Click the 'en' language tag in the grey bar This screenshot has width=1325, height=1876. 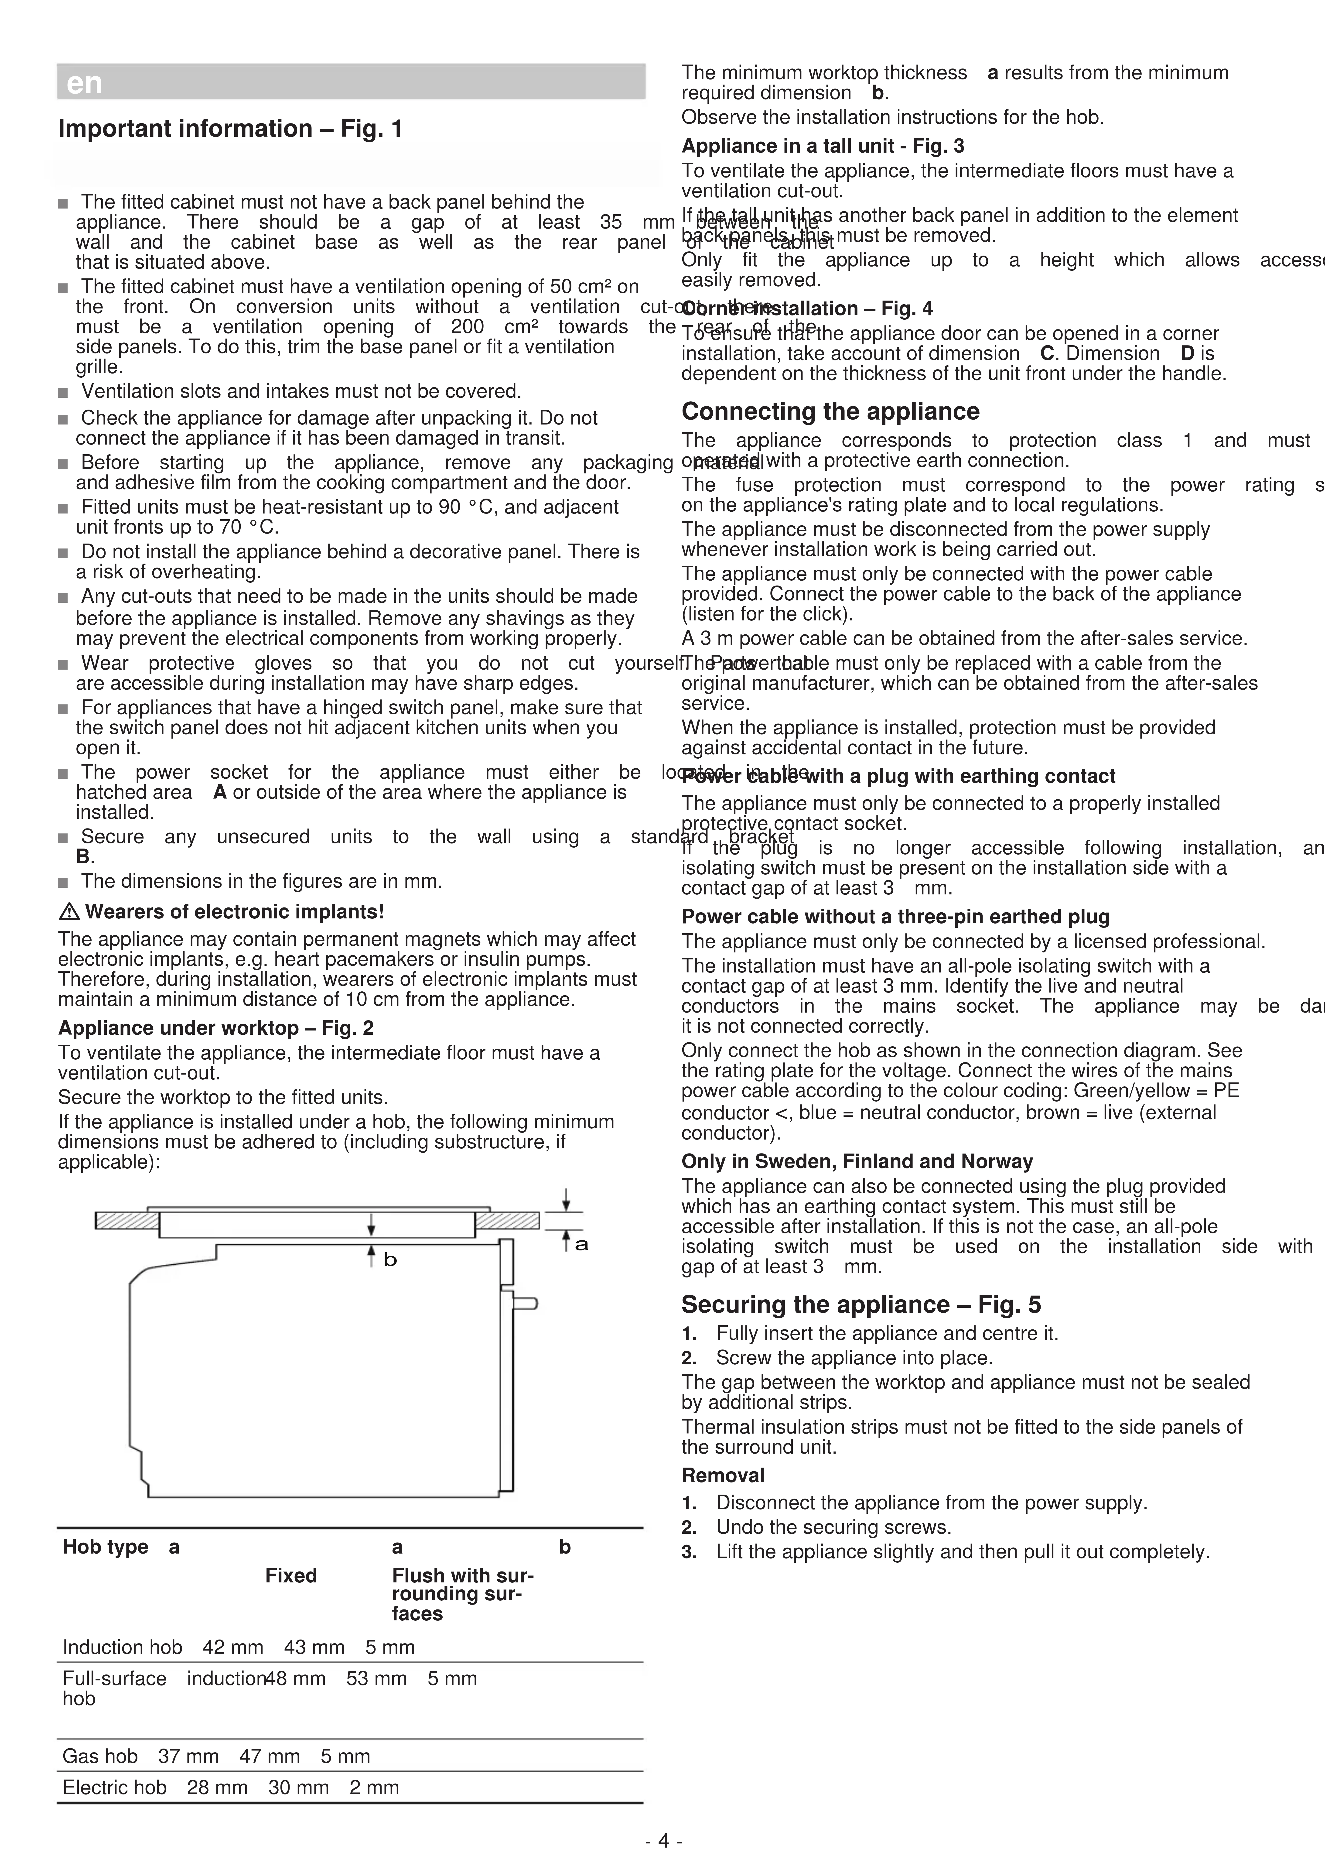click(84, 83)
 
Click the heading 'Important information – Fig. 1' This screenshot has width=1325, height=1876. click(229, 129)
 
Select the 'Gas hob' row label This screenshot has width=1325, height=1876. click(100, 1756)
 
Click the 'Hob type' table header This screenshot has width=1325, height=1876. click(105, 1547)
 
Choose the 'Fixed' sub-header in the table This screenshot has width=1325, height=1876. click(291, 1575)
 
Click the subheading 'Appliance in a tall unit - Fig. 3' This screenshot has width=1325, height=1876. click(823, 146)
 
